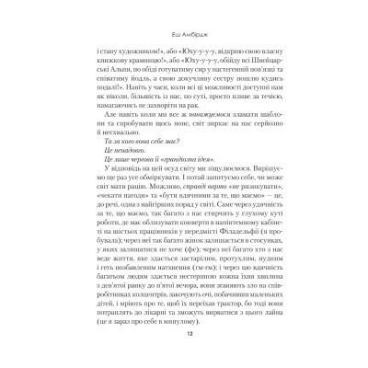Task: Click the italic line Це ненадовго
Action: click(x=141, y=173)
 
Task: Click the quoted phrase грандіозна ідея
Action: click(x=198, y=185)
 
